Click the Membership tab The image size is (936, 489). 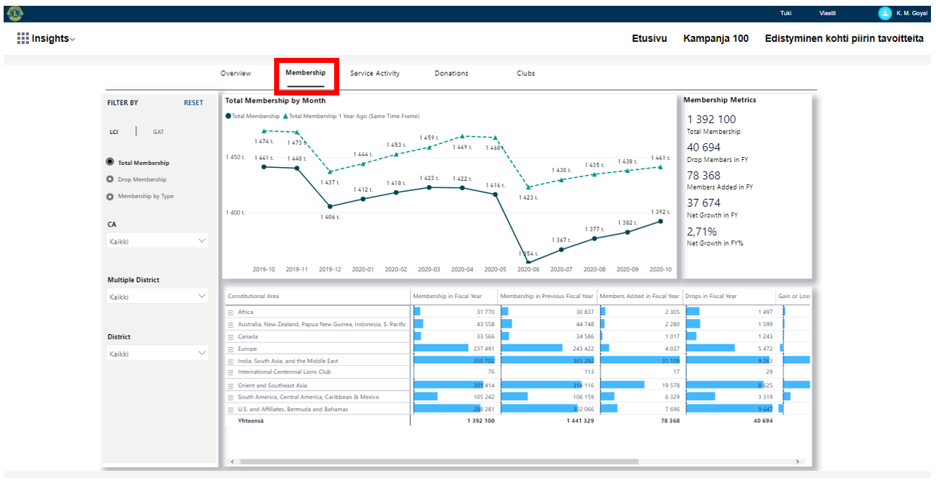[x=305, y=73]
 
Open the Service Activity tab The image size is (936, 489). [x=375, y=74]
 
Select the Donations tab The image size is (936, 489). [x=451, y=74]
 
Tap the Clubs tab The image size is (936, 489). [x=526, y=74]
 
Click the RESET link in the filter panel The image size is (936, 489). [x=193, y=103]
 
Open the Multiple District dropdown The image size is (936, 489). [x=158, y=297]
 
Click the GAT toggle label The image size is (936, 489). [x=158, y=132]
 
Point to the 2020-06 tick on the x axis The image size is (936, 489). [x=528, y=269]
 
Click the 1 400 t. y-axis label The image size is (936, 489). [x=235, y=213]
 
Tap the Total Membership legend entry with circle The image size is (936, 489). [x=252, y=116]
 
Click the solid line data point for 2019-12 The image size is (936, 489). [x=330, y=206]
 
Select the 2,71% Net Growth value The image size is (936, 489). [x=702, y=231]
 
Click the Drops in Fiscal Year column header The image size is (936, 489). [x=710, y=297]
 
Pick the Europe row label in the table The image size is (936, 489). [x=247, y=349]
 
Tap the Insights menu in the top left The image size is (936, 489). [x=47, y=38]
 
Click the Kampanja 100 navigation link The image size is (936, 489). [x=715, y=38]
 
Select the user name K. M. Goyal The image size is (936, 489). [x=911, y=13]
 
